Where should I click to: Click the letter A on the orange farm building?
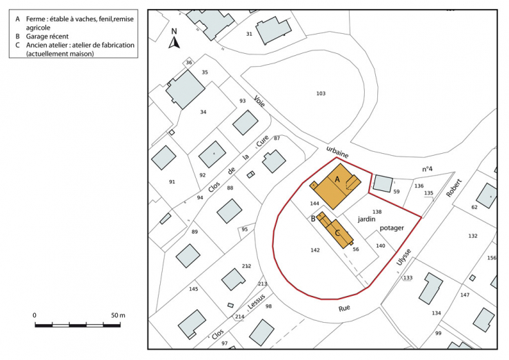(x=337, y=179)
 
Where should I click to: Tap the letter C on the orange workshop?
(x=337, y=232)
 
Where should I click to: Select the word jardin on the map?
(x=366, y=219)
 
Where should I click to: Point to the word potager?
(x=390, y=228)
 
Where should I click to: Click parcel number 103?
(x=320, y=94)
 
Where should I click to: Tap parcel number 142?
(x=315, y=250)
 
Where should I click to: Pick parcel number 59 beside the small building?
(x=397, y=191)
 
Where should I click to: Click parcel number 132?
(x=472, y=236)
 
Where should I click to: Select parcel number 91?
(x=172, y=181)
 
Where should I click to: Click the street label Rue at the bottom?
(x=344, y=310)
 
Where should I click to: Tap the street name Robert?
(x=454, y=187)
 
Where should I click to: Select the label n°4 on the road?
(x=428, y=169)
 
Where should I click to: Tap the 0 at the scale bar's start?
(x=34, y=315)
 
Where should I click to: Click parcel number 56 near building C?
(x=356, y=249)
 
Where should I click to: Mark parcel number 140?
(x=380, y=246)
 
